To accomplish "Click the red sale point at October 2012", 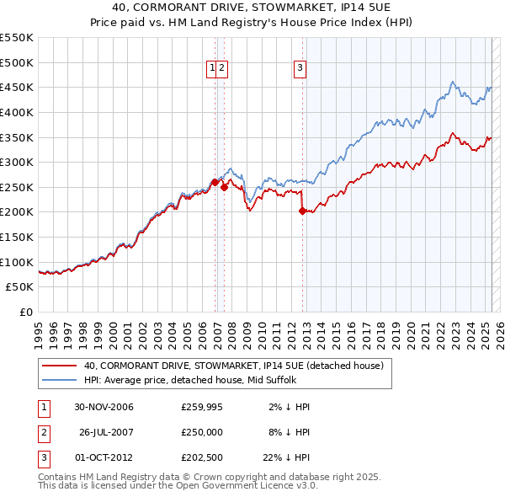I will [x=302, y=211].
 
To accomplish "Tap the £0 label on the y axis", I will [x=27, y=312].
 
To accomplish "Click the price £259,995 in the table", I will [x=202, y=407].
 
